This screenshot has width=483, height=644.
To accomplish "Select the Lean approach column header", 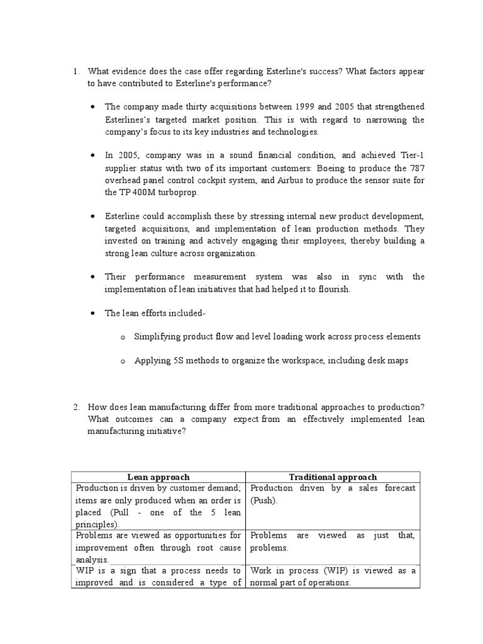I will pos(158,477).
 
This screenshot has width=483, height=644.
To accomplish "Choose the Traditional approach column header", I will pos(333,477).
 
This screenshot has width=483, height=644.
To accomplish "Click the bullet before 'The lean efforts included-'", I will pos(93,313).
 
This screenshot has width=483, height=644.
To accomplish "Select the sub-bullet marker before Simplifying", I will pos(123,337).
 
